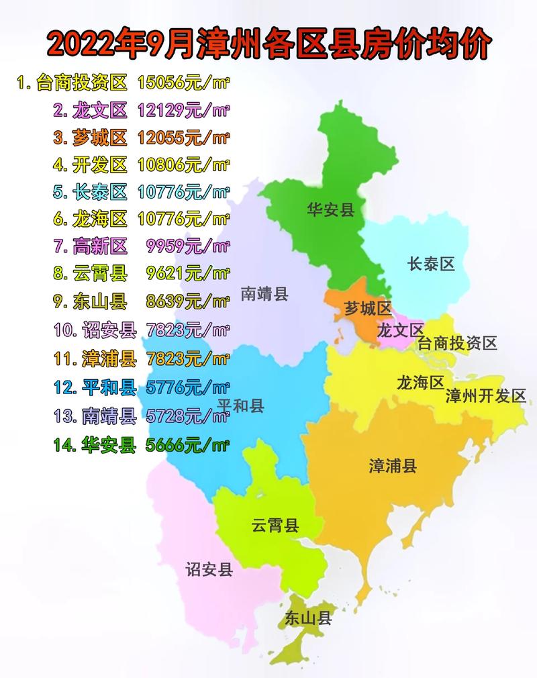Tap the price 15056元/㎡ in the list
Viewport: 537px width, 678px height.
183,83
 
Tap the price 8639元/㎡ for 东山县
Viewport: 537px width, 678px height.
188,301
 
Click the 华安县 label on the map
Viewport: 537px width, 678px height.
330,209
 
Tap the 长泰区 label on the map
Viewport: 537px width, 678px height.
431,264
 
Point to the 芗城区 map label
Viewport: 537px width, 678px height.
367,309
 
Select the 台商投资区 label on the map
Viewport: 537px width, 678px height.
457,344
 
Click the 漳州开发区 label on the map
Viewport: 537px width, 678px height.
486,396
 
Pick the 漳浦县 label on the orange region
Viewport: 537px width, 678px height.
393,465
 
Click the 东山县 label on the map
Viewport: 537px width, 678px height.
308,618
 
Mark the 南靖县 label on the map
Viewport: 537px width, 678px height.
264,293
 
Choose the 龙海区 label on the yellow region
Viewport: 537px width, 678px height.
420,383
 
